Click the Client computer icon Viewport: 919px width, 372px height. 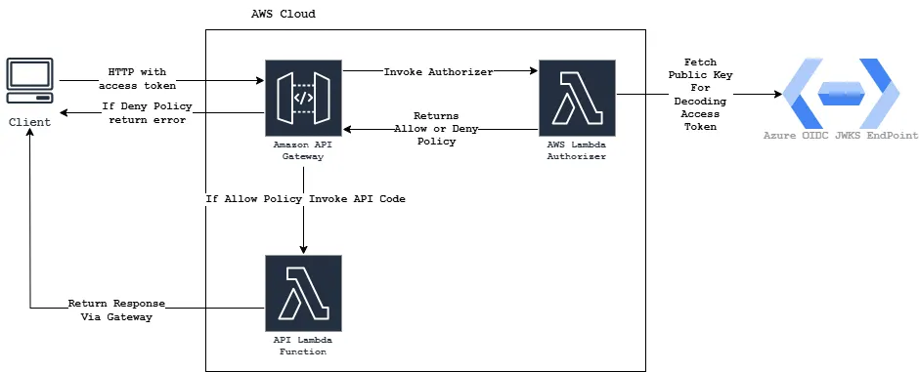[30, 82]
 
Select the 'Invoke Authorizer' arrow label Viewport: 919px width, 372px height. [438, 71]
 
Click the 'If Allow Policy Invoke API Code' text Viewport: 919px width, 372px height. [305, 198]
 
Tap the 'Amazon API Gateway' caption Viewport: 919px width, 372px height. [303, 150]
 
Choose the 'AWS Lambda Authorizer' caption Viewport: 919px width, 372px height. [576, 150]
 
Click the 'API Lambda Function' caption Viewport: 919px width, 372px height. [303, 346]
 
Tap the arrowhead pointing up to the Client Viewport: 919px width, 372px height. [30, 136]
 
